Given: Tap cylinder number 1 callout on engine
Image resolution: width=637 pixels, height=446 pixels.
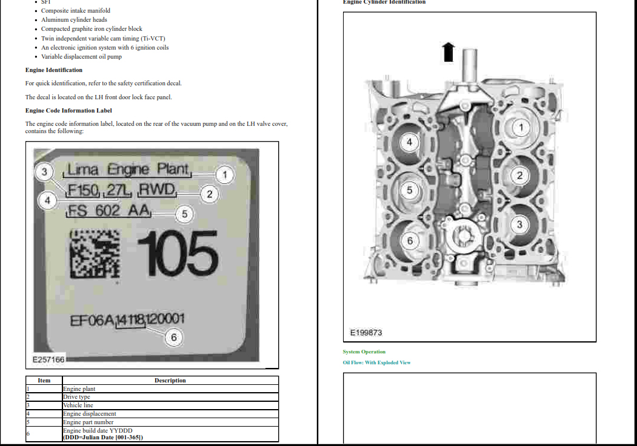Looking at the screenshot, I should point(521,127).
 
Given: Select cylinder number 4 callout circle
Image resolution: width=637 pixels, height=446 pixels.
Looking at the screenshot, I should point(409,142).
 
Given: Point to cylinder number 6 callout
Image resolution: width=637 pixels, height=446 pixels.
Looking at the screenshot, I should point(410,241).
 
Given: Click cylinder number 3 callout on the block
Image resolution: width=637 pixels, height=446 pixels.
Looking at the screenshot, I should point(519,225).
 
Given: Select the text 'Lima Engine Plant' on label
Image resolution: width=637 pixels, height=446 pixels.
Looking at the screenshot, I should point(128,169).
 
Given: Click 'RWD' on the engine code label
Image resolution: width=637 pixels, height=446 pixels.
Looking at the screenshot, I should point(157,191).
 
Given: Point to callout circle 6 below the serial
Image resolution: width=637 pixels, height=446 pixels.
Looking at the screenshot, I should point(174,337).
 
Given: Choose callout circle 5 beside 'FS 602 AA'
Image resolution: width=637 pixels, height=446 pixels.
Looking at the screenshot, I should point(185,214).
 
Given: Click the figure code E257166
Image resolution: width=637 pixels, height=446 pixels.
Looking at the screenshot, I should point(48,359).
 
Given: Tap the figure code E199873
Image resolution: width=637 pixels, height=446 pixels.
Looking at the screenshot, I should point(366,333).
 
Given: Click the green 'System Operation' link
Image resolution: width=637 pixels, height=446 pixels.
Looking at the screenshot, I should point(364,352).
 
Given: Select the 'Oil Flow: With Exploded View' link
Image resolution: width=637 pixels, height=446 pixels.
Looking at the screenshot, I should point(376,362).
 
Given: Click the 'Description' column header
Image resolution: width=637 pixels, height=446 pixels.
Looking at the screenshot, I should point(170,381).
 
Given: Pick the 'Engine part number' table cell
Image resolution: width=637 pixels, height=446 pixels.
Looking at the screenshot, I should point(88,422).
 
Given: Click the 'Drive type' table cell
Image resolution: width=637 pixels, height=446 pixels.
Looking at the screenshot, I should point(76,397).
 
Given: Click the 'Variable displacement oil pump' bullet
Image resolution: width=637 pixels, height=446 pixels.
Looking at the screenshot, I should point(81,57).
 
